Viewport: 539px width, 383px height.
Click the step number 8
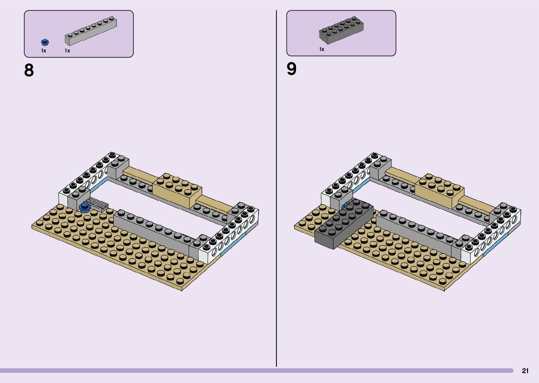click(x=29, y=70)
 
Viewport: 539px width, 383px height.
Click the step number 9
click(x=292, y=69)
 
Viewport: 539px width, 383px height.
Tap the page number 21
click(x=525, y=371)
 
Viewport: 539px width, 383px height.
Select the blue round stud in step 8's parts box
click(x=45, y=43)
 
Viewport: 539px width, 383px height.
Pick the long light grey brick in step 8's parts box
click(x=91, y=31)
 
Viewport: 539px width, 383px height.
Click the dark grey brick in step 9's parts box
click(x=341, y=30)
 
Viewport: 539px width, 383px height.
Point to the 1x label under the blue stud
click(x=44, y=51)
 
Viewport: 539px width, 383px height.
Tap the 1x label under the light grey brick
click(x=67, y=51)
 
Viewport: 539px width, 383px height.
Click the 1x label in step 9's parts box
click(x=322, y=49)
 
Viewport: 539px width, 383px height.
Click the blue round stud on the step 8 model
click(x=84, y=208)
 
